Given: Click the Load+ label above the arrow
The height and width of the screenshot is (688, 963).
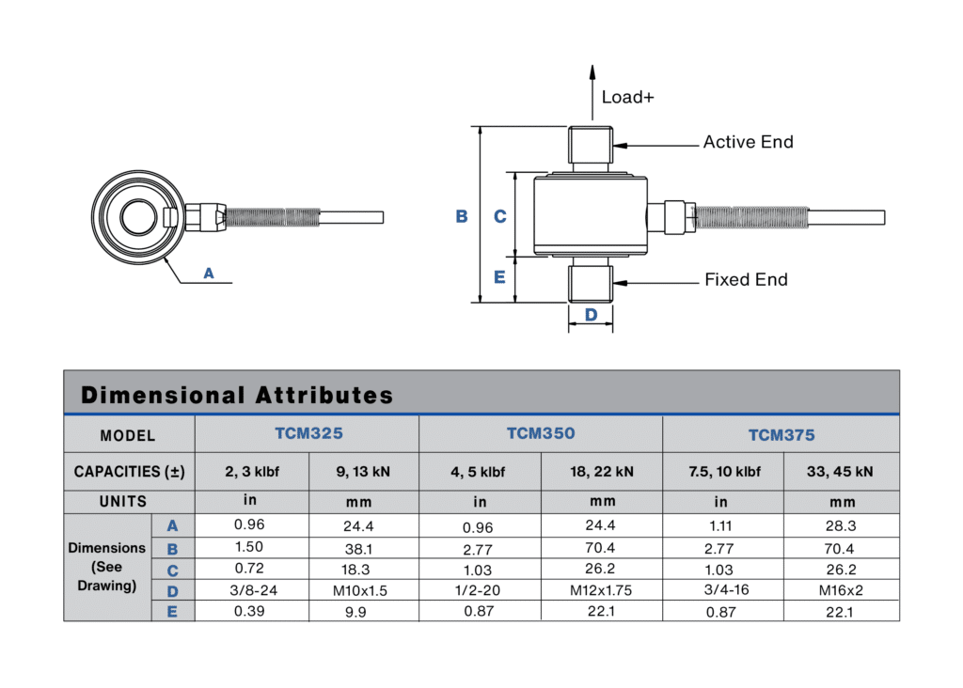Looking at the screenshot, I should pyautogui.click(x=627, y=97).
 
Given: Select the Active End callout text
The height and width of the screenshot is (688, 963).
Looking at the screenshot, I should pyautogui.click(x=748, y=142).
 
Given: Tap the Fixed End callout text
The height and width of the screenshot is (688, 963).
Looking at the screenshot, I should pyautogui.click(x=746, y=279).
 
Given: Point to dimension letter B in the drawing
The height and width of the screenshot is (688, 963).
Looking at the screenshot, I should pyautogui.click(x=462, y=216).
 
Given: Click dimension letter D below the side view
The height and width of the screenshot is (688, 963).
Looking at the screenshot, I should pyautogui.click(x=591, y=315).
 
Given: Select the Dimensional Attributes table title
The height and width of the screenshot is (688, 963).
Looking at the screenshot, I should pyautogui.click(x=237, y=395).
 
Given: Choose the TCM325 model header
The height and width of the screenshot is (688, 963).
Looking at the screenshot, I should pyautogui.click(x=308, y=434).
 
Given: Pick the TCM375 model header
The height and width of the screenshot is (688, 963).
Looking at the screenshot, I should pyautogui.click(x=781, y=435).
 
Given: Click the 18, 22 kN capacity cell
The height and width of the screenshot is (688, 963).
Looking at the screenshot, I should pyautogui.click(x=602, y=472).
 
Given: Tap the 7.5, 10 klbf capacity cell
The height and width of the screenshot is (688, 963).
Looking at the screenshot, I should pyautogui.click(x=722, y=472).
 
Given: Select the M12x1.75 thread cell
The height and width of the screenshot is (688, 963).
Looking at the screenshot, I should pyautogui.click(x=602, y=590).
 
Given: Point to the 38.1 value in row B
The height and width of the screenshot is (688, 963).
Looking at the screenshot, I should pyautogui.click(x=364, y=547).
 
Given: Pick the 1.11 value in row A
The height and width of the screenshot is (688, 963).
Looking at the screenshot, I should pyautogui.click(x=721, y=526).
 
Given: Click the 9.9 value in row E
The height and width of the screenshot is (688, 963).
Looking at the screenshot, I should pyautogui.click(x=364, y=611).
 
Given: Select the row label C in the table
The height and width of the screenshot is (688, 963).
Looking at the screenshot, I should pyautogui.click(x=172, y=570).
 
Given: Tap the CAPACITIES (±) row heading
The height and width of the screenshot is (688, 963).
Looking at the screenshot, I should pyautogui.click(x=129, y=472).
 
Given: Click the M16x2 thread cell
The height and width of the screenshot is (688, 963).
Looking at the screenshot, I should pyautogui.click(x=842, y=590).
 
